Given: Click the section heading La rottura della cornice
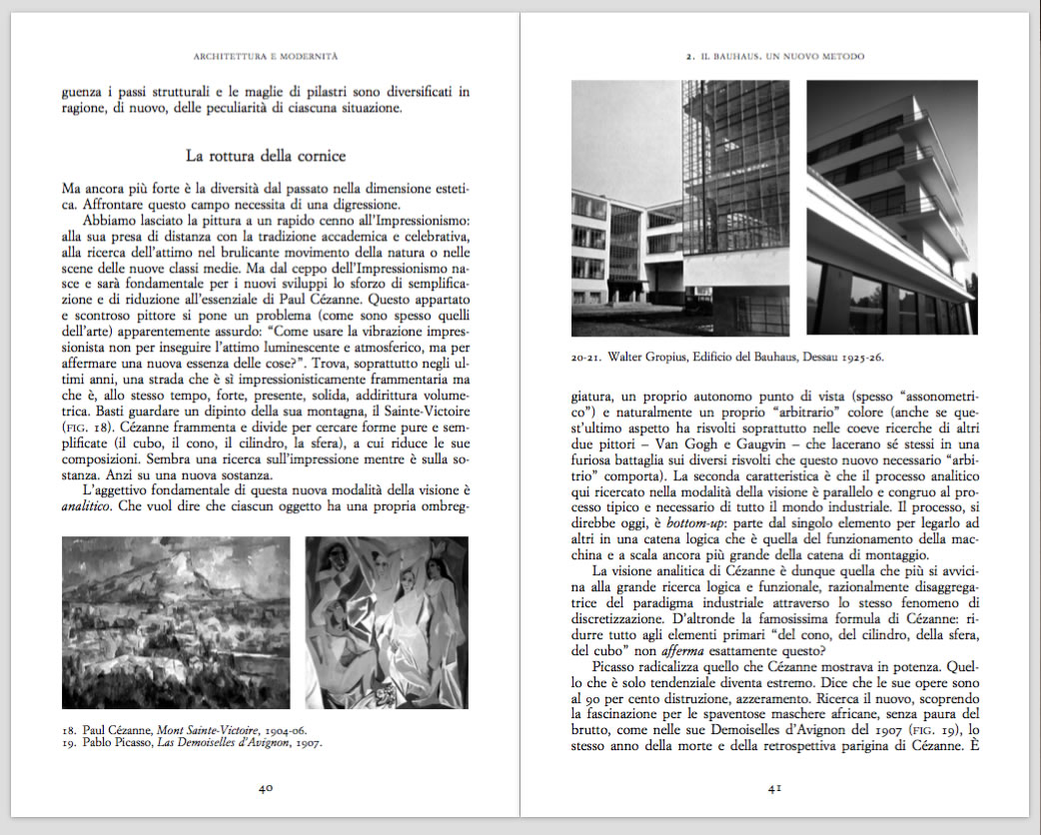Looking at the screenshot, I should pyautogui.click(x=266, y=156).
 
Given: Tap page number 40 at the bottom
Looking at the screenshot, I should pyautogui.click(x=266, y=788).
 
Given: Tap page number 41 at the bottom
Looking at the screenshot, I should pyautogui.click(x=774, y=788).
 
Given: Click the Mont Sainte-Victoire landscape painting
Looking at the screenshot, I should pyautogui.click(x=176, y=622).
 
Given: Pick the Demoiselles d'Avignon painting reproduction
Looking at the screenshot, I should pyautogui.click(x=387, y=622).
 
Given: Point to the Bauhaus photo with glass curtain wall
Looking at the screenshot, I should pyautogui.click(x=680, y=208).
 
